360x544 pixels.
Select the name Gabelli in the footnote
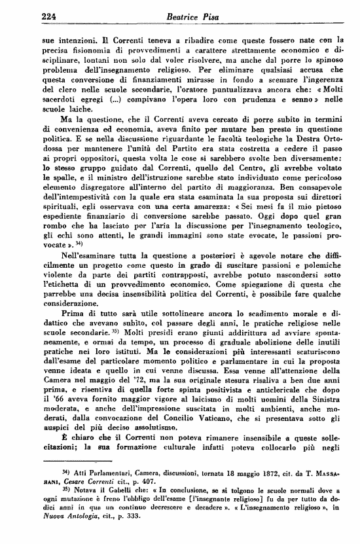click(x=102, y=490)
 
